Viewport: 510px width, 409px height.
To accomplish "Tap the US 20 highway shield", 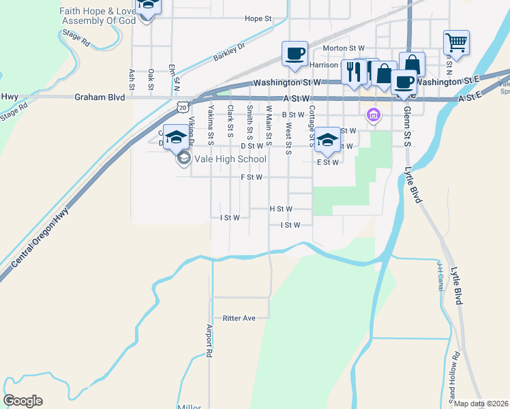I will tap(181, 107).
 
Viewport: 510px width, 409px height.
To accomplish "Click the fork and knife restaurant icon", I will tap(353, 72).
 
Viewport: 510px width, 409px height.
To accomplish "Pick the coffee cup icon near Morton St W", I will tap(295, 54).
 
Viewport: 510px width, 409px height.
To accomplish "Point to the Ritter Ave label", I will tap(239, 318).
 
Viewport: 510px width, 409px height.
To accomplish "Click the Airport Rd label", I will tap(210, 341).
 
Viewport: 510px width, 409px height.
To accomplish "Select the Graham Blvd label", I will tap(100, 97).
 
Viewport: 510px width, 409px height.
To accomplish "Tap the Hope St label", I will tap(258, 19).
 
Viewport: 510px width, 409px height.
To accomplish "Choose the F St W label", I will tap(251, 177).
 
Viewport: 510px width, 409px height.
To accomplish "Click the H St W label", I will tap(280, 209).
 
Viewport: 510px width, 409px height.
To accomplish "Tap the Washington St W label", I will tap(286, 82).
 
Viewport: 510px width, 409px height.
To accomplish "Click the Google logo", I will tap(22, 401).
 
